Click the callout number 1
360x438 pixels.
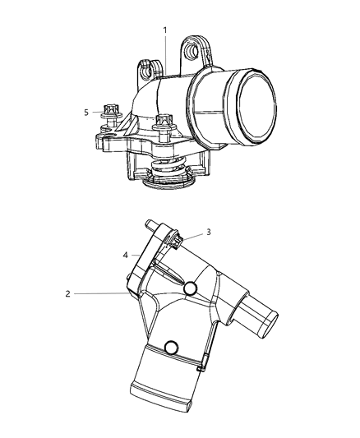(165, 30)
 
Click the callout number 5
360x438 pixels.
(86, 113)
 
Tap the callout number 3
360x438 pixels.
(209, 232)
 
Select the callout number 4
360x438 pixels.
(125, 256)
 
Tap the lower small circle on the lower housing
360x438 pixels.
(173, 348)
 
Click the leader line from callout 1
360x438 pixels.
(165, 53)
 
